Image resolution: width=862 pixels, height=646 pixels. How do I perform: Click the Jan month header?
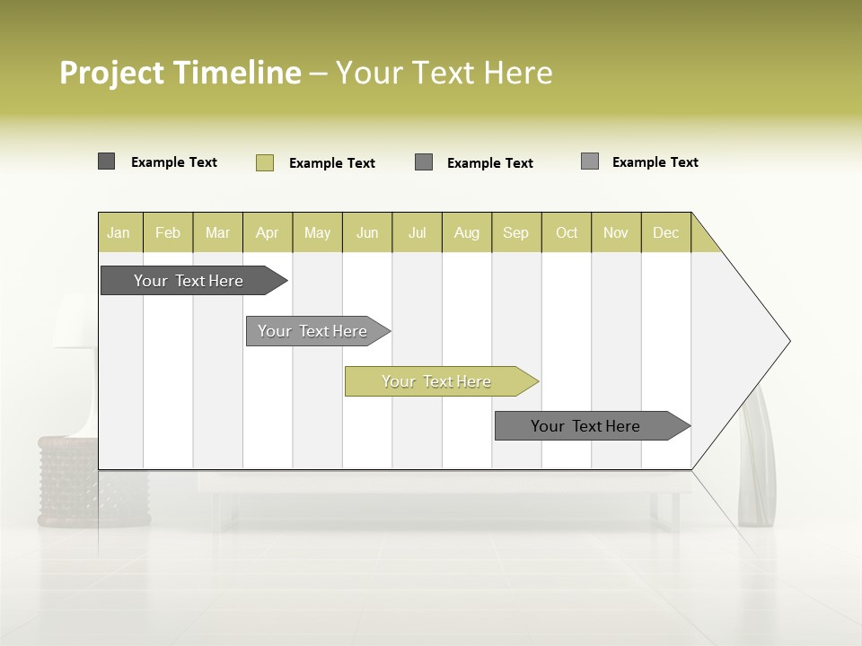click(119, 232)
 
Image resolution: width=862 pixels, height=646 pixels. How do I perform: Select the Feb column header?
click(168, 232)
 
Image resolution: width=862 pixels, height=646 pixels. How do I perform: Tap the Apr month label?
click(267, 232)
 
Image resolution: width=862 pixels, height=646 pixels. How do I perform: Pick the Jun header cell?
click(367, 232)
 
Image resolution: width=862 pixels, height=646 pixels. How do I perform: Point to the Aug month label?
click(466, 232)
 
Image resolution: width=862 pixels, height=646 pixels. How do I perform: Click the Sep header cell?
click(515, 232)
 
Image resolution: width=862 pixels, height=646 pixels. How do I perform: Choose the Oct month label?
click(567, 232)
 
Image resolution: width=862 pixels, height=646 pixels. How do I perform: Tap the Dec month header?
click(665, 232)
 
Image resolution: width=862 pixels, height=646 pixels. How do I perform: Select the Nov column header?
click(616, 232)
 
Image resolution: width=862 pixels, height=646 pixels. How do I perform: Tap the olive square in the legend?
click(265, 162)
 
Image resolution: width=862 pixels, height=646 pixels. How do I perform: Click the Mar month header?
click(217, 232)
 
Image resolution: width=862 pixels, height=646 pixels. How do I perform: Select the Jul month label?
click(417, 232)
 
